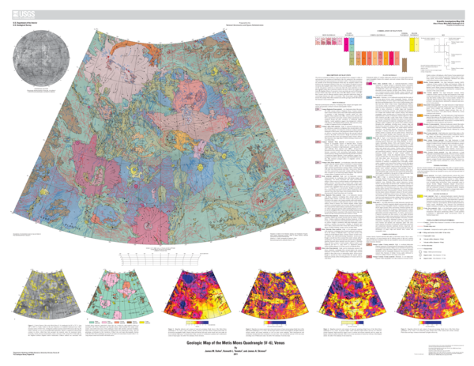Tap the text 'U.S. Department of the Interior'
pos(24,20)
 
